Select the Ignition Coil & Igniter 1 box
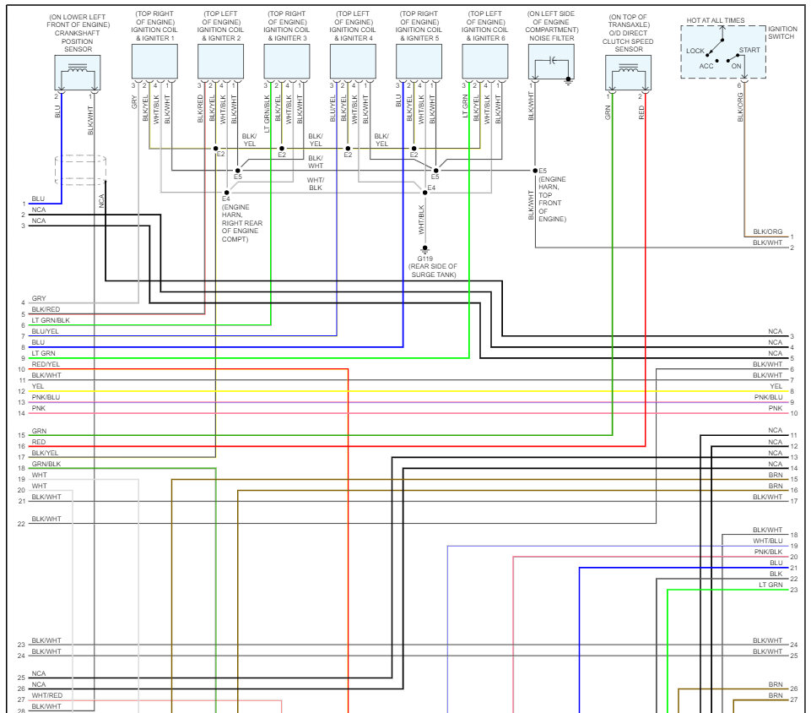[x=154, y=61]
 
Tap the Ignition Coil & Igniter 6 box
[x=485, y=61]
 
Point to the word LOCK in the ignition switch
[x=695, y=51]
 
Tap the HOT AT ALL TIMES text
[x=716, y=19]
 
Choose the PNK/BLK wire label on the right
[x=768, y=552]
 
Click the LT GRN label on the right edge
[x=770, y=585]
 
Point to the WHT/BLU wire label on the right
[x=768, y=541]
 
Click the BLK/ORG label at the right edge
[x=768, y=231]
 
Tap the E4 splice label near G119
[x=431, y=188]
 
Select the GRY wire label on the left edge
[x=39, y=298]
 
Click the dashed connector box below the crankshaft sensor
[x=80, y=169]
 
